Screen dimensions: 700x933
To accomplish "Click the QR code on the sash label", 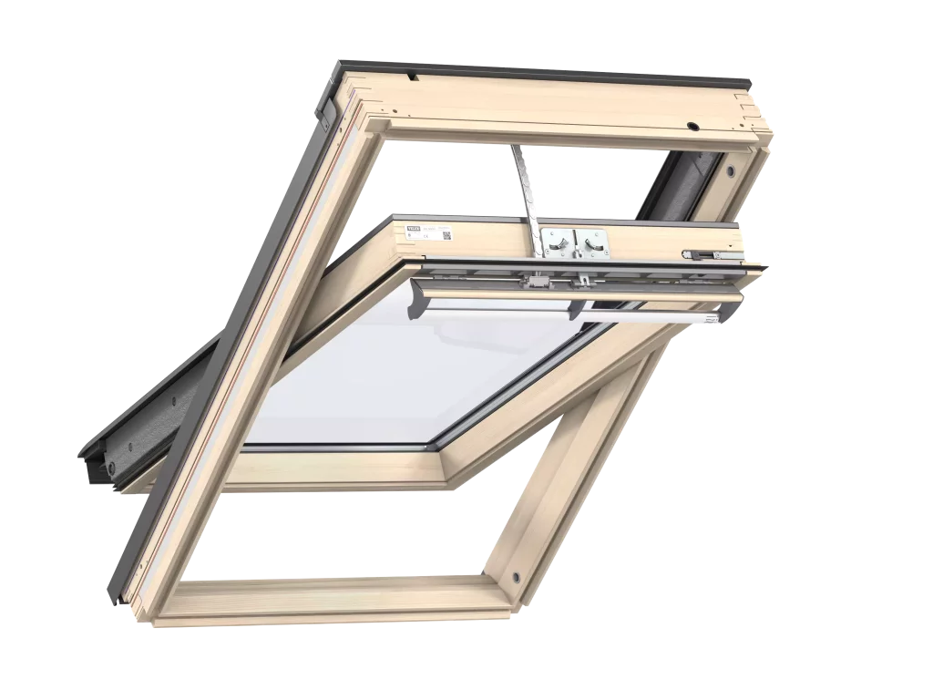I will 446,235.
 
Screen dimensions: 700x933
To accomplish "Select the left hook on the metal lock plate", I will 555,242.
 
